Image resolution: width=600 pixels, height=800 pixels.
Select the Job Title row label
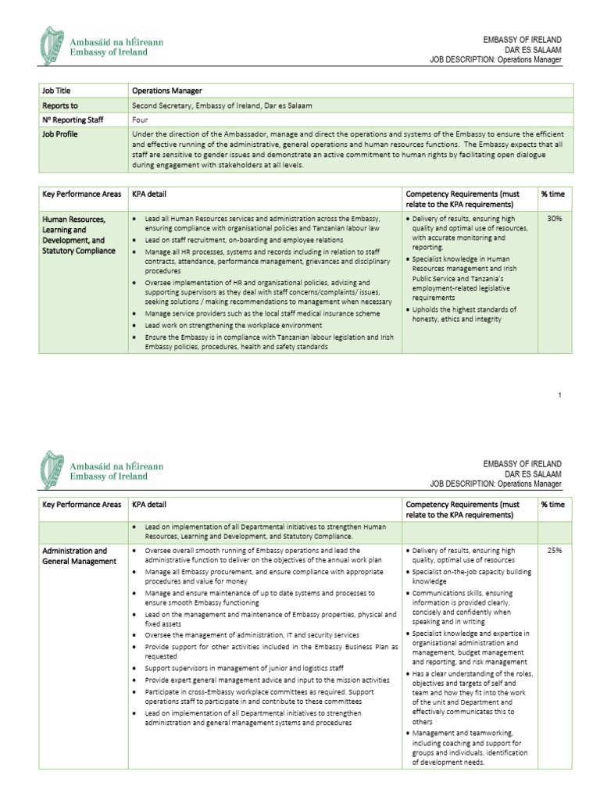pos(56,91)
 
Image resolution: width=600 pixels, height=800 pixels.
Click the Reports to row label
pos(60,105)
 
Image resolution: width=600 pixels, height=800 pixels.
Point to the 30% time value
pos(555,220)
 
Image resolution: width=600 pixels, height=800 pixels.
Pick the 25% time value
pos(555,551)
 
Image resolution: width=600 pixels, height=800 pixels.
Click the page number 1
pos(560,396)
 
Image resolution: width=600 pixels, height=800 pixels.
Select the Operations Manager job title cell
pos(168,91)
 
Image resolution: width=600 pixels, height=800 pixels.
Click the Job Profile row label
pos(60,134)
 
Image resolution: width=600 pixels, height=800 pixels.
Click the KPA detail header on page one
pos(149,194)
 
